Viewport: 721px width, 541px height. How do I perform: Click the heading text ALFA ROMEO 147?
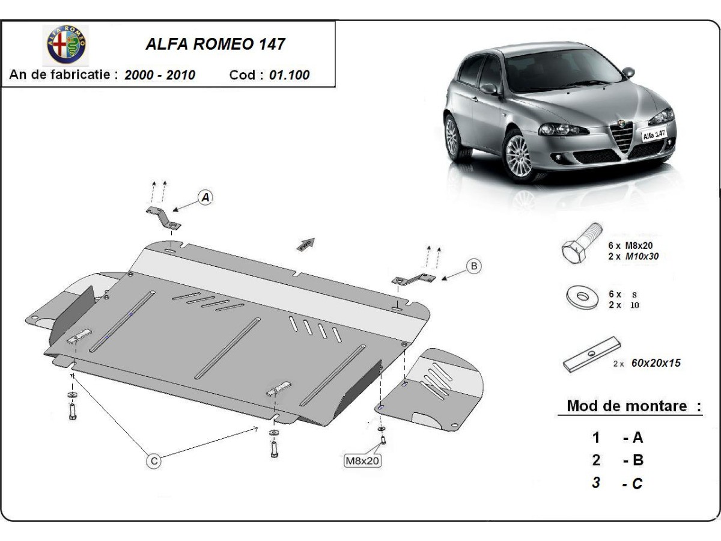(x=216, y=44)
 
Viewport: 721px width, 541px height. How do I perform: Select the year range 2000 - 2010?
(x=159, y=75)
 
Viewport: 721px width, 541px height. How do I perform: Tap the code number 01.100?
(x=290, y=75)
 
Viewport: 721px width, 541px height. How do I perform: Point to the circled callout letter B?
(x=473, y=266)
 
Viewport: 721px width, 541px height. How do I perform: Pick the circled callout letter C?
(x=154, y=461)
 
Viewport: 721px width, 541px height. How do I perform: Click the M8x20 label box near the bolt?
(x=362, y=461)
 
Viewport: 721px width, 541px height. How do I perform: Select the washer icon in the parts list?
(x=580, y=298)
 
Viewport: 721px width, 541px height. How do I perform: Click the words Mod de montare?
(x=627, y=406)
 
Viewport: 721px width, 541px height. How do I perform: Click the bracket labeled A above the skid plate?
(x=163, y=217)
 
